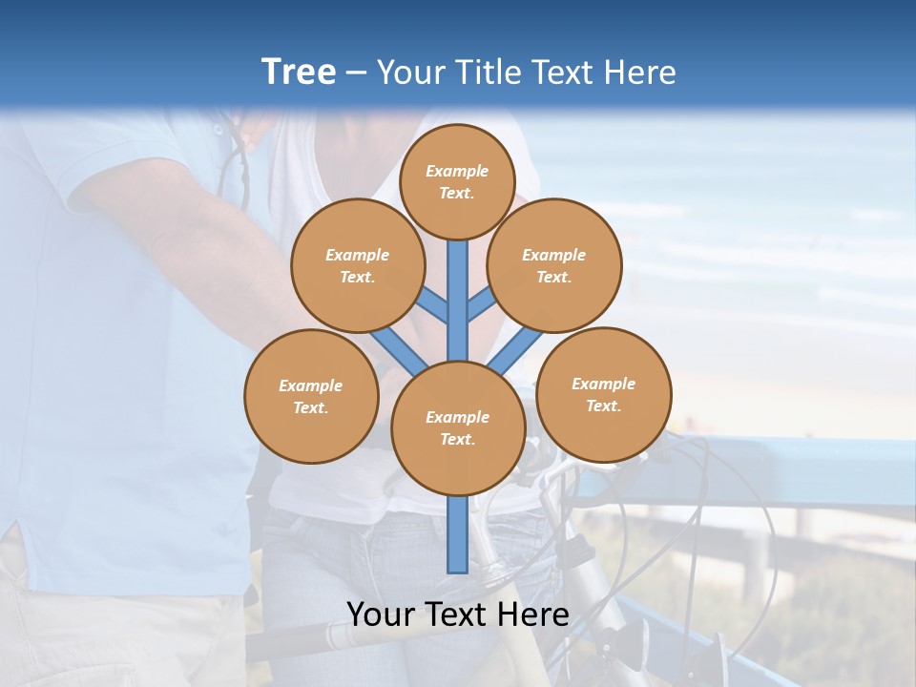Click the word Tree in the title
pos(299,72)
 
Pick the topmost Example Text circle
pos(457,181)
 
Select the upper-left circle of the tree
pos(357,265)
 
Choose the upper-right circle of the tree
pos(553,265)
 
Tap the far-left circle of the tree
pos(311,396)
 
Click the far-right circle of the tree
pos(603,394)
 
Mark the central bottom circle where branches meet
pos(458,427)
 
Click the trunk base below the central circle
pos(458,534)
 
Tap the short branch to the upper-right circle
pos(482,303)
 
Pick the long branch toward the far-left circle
pos(397,347)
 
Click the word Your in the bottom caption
pos(381,614)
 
